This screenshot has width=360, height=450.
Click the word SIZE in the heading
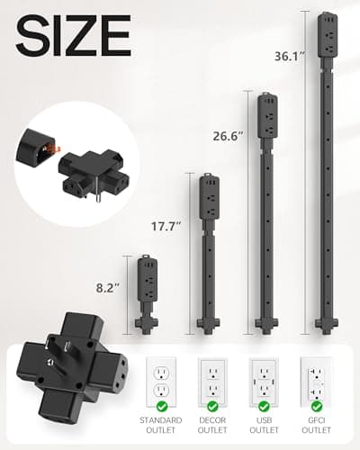72,36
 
